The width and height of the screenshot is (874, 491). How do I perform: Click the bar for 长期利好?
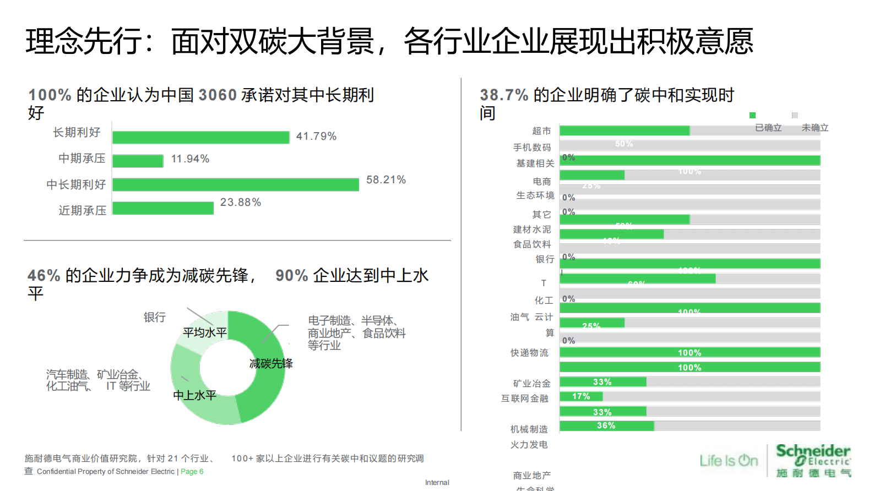[200, 137]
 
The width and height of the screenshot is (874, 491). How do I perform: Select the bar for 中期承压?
[138, 161]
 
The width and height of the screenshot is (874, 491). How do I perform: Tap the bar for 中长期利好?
[235, 184]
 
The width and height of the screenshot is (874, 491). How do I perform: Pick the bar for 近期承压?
[163, 208]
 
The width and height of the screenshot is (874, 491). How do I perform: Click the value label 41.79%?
[316, 137]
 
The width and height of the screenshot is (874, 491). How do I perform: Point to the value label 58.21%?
[386, 180]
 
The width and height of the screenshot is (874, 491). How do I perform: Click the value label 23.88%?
[241, 203]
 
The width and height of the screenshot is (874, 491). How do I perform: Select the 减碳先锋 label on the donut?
[271, 363]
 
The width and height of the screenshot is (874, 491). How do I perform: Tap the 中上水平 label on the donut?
[195, 395]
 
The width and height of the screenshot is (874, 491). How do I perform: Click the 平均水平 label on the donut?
[205, 332]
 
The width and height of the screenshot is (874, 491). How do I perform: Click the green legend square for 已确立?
[752, 115]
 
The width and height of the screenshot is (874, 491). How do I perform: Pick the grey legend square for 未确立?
[795, 115]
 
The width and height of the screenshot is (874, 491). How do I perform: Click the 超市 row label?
[541, 131]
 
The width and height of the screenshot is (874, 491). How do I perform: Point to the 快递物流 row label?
[529, 353]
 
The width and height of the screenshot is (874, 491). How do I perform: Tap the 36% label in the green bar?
[606, 425]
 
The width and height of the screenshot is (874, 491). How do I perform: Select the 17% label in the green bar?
[581, 396]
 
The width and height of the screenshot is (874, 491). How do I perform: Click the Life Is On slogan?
[729, 461]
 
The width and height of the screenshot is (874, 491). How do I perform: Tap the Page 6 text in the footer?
[192, 472]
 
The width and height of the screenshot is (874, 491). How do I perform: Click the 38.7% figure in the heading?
[504, 95]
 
